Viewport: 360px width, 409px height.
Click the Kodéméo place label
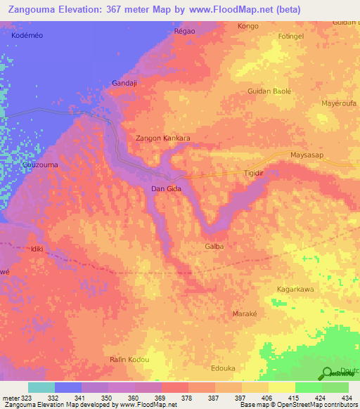point(27,34)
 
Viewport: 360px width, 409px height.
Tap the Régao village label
point(184,32)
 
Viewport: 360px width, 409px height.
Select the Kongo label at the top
point(248,26)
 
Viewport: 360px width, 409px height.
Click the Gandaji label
point(126,83)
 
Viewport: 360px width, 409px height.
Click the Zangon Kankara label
point(162,138)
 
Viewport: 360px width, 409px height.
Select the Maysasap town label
point(310,156)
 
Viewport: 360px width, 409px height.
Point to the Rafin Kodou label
point(129,359)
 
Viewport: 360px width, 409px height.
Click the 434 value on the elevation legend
point(345,398)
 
